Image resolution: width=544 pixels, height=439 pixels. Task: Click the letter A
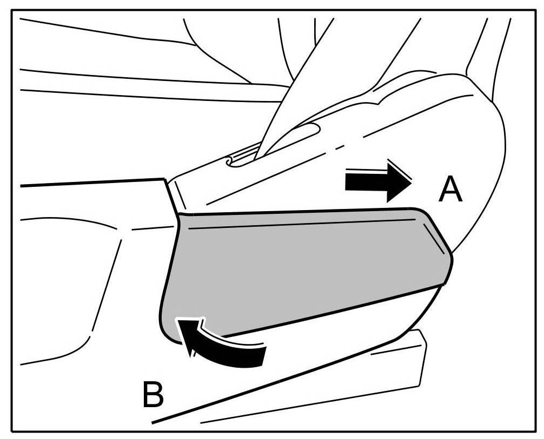point(450,191)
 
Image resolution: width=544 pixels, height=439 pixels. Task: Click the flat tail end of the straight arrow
point(347,183)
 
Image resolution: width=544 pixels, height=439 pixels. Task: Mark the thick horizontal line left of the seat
point(92,182)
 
